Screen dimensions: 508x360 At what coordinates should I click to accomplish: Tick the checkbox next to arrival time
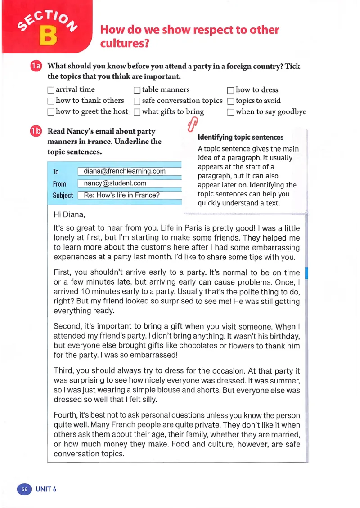click(51, 90)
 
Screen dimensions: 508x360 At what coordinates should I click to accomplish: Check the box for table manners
click(137, 90)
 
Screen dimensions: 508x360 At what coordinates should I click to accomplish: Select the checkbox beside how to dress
click(231, 90)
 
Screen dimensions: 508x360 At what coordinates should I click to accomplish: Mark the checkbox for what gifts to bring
click(137, 112)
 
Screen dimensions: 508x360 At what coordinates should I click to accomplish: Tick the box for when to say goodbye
click(231, 112)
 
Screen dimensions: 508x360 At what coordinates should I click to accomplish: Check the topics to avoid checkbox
click(231, 102)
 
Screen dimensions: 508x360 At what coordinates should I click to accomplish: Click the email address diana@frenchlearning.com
click(125, 171)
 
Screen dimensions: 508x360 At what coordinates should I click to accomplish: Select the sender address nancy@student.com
click(115, 183)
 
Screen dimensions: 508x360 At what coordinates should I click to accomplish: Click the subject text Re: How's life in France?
click(122, 196)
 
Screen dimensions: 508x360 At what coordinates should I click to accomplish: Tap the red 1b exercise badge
click(36, 131)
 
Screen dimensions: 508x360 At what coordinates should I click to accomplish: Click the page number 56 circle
click(24, 489)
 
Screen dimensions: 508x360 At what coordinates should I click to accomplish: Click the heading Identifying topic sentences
click(241, 138)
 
